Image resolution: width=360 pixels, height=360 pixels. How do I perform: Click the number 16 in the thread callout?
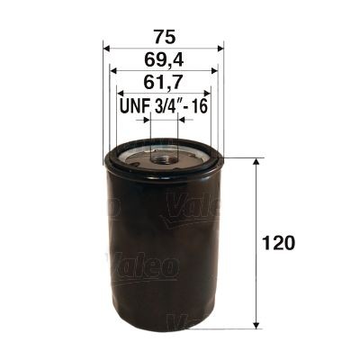pyautogui.click(x=200, y=106)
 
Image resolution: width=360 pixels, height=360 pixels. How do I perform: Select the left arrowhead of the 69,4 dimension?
pyautogui.click(x=112, y=71)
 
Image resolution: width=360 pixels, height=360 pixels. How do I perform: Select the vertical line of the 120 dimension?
pyautogui.click(x=259, y=243)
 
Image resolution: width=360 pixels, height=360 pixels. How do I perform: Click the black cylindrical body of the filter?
pyautogui.click(x=163, y=252)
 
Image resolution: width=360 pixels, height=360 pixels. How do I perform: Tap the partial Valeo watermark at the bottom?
pyautogui.click(x=191, y=321)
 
